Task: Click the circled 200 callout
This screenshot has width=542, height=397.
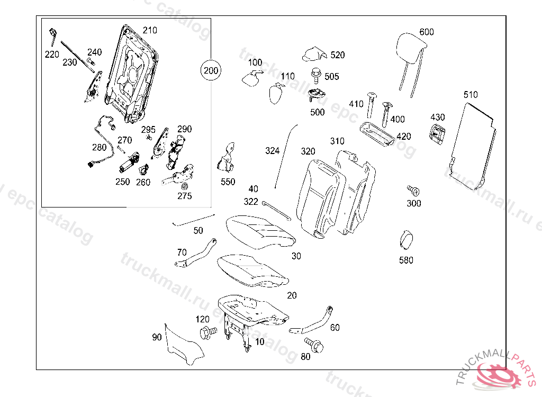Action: (211, 70)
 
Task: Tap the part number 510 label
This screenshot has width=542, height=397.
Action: (470, 95)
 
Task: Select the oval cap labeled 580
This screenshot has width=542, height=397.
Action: (407, 240)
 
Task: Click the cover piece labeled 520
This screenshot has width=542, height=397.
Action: (313, 54)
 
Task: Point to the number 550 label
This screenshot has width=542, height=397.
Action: (228, 182)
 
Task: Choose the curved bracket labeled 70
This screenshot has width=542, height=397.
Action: (196, 254)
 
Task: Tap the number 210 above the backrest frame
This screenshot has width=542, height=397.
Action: (149, 30)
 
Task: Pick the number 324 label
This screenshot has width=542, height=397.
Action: (272, 151)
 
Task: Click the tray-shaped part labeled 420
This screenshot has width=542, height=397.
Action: (376, 133)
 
